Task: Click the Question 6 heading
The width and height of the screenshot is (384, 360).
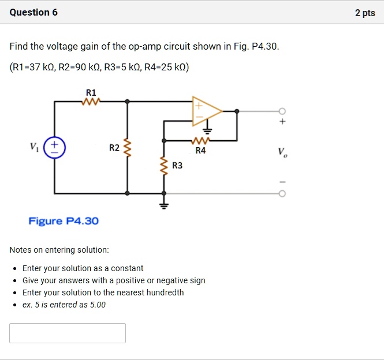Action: (33, 12)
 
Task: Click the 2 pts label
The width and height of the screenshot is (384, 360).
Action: (365, 13)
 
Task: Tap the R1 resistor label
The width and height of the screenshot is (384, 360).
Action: (91, 92)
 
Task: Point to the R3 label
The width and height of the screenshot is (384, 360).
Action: (177, 166)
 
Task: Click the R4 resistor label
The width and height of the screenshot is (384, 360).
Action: (200, 151)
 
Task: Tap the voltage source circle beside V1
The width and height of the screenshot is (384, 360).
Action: (55, 147)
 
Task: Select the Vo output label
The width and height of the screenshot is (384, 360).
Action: (281, 152)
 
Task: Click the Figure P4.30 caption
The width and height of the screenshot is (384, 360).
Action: (64, 221)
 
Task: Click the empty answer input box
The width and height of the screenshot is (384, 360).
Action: (68, 333)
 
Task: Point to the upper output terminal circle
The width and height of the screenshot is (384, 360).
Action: (282, 111)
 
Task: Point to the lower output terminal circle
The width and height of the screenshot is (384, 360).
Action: (282, 193)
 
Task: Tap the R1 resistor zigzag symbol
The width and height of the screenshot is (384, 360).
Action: (91, 102)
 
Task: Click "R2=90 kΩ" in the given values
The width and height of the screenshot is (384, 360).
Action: (80, 67)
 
